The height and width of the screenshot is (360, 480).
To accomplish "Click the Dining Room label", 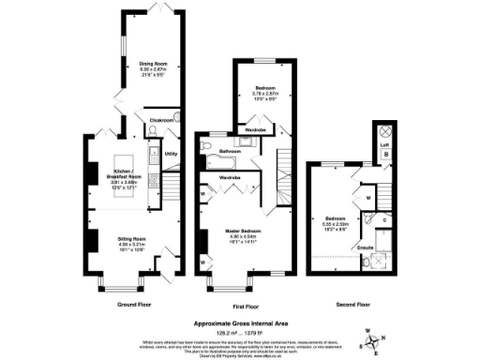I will [141, 64].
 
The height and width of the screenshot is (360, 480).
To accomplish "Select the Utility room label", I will [171, 153].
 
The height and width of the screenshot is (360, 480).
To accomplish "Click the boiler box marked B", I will [382, 155].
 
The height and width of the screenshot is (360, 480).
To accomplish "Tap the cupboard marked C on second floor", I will [384, 219].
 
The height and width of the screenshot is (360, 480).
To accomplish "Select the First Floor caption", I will [246, 306].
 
